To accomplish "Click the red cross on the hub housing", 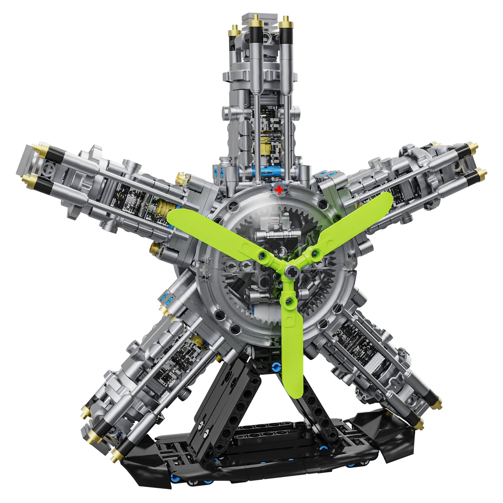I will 278,190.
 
